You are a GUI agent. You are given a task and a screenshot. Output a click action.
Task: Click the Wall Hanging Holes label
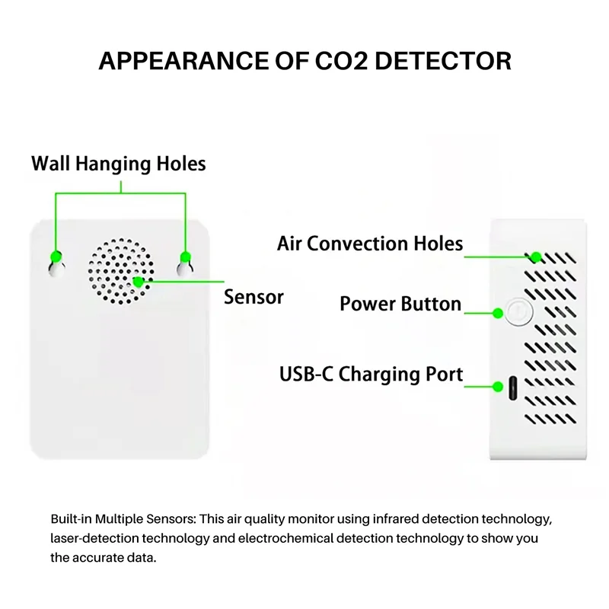point(119,164)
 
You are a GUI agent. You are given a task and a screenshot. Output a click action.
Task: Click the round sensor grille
point(121,271)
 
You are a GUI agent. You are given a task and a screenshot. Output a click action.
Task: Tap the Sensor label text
point(253,297)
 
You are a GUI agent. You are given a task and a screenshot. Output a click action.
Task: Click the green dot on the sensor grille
point(139,281)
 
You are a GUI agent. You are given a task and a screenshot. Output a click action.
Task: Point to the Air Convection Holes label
point(370,244)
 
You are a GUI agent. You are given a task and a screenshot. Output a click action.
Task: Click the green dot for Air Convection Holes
point(536,256)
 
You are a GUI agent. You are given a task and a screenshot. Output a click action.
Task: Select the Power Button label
point(400,304)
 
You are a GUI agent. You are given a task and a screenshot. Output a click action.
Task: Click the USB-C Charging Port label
point(371,375)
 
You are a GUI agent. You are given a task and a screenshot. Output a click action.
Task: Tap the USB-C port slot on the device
point(514,389)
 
